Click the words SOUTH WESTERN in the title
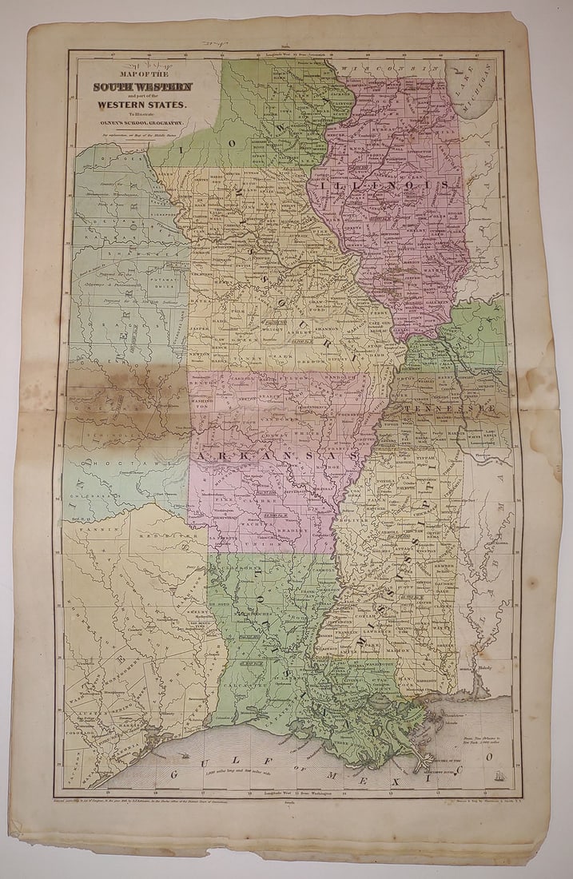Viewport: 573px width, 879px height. [x=142, y=86]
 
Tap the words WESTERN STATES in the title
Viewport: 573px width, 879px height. [x=142, y=104]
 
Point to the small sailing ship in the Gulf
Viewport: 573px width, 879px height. [x=497, y=774]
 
